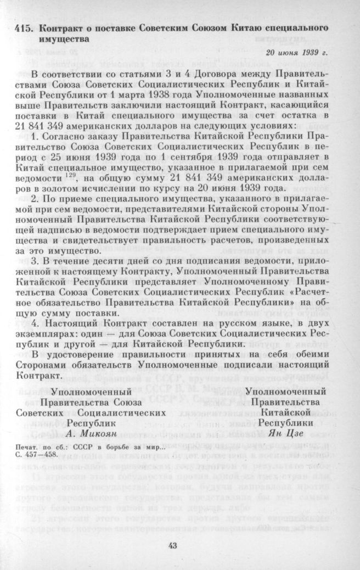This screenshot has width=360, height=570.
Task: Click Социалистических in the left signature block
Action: click(x=122, y=412)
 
